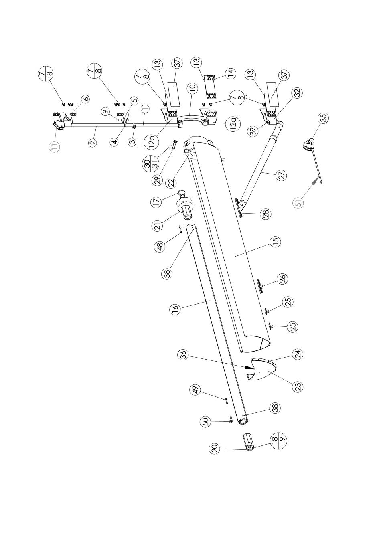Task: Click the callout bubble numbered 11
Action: [x=55, y=146]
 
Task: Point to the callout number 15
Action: [x=275, y=242]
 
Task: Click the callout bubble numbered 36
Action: [x=183, y=355]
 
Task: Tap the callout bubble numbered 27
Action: [x=282, y=176]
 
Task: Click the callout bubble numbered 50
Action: [x=205, y=421]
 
